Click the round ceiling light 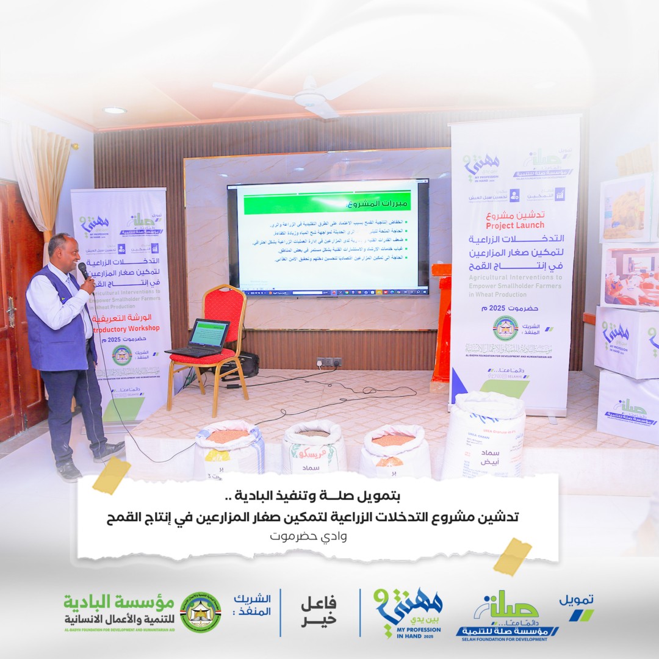click(115, 110)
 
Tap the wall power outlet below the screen click(329, 362)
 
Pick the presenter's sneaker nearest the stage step click(109, 451)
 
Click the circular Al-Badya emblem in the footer click(201, 612)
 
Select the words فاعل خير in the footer click(318, 611)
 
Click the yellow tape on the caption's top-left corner click(112, 475)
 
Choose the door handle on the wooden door click(11, 311)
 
